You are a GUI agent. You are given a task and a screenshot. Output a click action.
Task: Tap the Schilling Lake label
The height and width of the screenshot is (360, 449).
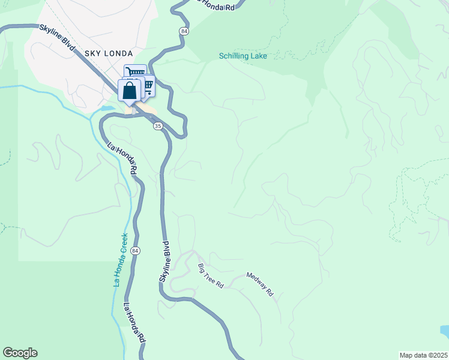click(x=243, y=56)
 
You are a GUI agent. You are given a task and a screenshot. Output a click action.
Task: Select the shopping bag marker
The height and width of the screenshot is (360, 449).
click(x=130, y=91)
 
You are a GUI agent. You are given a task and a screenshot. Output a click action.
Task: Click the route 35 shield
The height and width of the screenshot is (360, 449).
click(x=158, y=126)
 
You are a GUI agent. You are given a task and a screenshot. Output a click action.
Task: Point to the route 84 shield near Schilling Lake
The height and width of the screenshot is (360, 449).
click(x=183, y=31)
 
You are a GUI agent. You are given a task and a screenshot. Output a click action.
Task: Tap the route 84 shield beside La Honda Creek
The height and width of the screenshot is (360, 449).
click(x=136, y=250)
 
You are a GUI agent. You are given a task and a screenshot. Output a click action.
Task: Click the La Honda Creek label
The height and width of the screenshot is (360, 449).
click(x=121, y=260)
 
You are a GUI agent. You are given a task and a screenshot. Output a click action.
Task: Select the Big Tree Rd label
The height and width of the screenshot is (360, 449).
click(x=211, y=276)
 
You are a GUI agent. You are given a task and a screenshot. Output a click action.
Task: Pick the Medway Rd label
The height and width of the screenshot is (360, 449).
click(x=260, y=284)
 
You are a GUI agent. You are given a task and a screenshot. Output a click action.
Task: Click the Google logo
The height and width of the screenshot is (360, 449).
click(x=20, y=353)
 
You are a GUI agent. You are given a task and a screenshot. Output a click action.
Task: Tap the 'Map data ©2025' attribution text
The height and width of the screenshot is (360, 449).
click(x=423, y=355)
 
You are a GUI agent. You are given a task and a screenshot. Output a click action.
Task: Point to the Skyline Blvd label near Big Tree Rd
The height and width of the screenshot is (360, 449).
click(x=165, y=262)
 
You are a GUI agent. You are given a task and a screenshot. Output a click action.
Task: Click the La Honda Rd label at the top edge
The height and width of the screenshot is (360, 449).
click(x=216, y=5)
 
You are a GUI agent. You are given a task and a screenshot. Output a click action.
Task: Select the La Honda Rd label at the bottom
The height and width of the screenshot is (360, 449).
click(x=134, y=323)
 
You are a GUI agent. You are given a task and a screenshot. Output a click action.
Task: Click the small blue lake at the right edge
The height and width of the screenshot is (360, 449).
click(x=444, y=331)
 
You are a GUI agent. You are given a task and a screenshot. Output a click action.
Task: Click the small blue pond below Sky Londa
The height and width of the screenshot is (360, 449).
click(x=107, y=109)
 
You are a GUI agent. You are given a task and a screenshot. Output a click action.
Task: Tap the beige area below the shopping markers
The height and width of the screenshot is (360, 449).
click(x=147, y=112)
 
